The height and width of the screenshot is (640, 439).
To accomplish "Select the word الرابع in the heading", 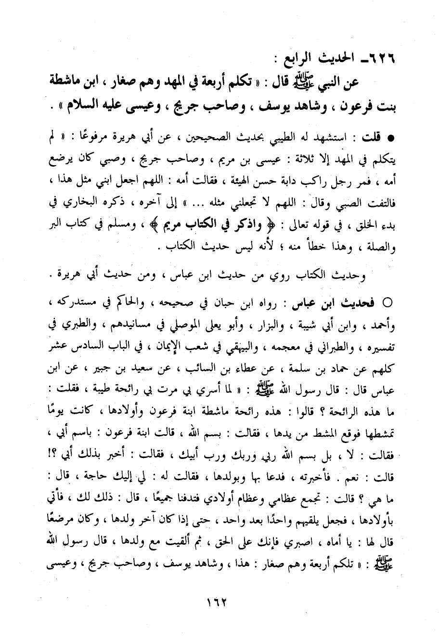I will (291, 60).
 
